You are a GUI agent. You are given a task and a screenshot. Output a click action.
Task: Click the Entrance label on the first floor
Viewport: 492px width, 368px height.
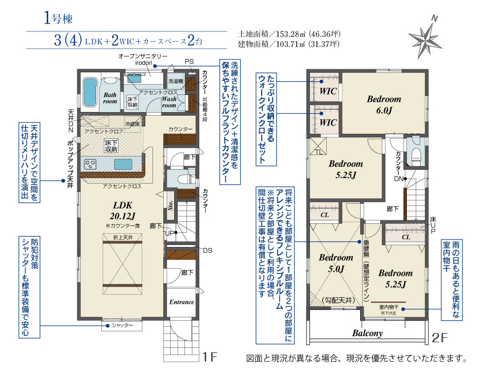[182, 302]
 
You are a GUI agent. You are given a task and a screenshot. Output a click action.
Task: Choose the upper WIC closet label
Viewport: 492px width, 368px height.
[328, 92]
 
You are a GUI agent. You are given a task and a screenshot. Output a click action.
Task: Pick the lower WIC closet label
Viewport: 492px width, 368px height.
[328, 122]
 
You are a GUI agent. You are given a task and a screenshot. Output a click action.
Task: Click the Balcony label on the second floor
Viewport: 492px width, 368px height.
[367, 333]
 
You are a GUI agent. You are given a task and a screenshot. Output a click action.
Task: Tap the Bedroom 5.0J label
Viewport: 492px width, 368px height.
[336, 263]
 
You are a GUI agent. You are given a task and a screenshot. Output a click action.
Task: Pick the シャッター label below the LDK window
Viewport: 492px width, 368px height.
[123, 325]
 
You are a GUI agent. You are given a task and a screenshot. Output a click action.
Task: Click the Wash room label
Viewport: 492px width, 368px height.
[169, 102]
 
